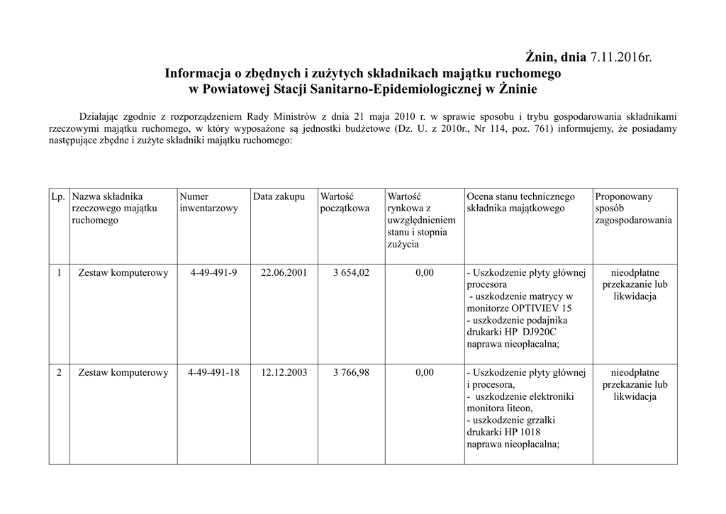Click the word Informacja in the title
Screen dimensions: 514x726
[198, 73]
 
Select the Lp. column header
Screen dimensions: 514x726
[58, 196]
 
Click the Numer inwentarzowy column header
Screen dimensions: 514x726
[209, 202]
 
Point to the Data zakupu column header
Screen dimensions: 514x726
[279, 196]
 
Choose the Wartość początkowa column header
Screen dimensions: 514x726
[345, 202]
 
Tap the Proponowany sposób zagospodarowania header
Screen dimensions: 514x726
[634, 208]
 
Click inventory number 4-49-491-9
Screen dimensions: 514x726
[213, 273]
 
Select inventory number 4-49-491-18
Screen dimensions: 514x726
[213, 372]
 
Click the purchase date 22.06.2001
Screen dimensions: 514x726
[284, 273]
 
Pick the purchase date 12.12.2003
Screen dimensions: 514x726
[284, 372]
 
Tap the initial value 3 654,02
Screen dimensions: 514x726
[351, 273]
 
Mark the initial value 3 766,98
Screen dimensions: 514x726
[351, 372]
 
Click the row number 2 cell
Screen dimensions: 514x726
[58, 372]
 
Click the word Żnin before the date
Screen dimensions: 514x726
[540, 57]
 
